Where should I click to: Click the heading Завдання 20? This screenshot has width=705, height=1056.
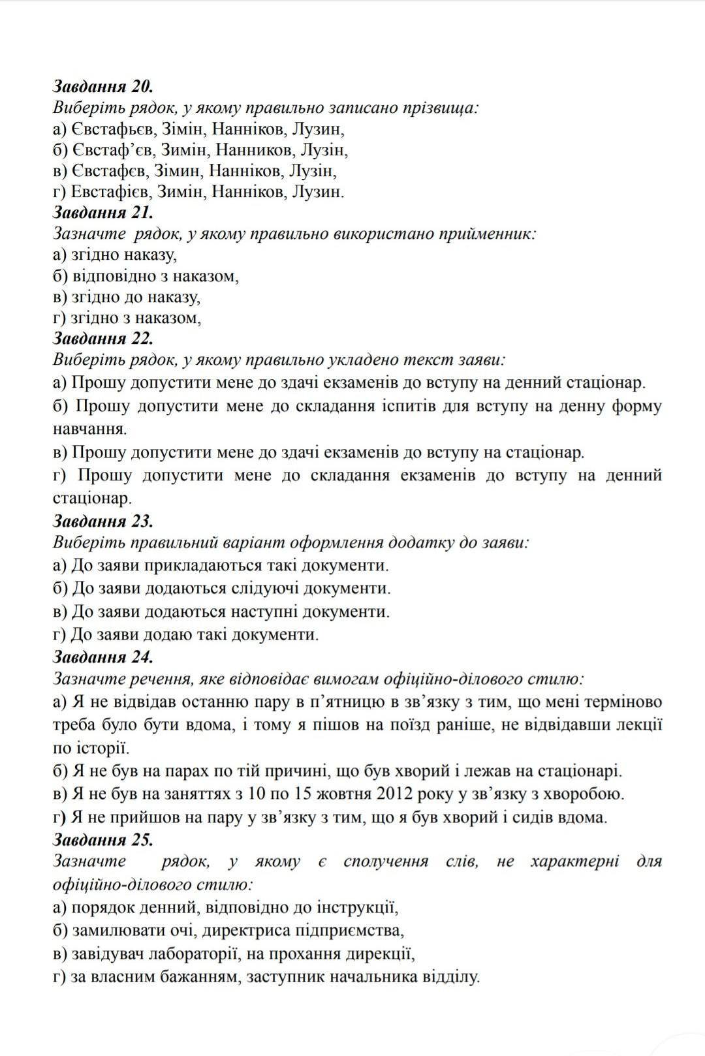click(102, 86)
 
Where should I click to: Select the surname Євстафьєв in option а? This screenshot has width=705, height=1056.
click(112, 129)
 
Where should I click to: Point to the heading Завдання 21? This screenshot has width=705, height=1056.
click(102, 212)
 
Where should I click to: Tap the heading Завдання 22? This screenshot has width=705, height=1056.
click(102, 338)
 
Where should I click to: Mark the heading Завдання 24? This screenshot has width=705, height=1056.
click(102, 657)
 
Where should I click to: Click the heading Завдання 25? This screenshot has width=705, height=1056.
click(102, 839)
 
